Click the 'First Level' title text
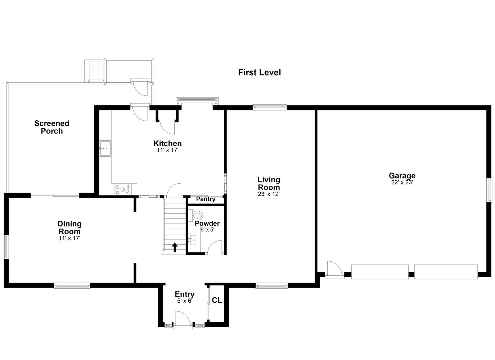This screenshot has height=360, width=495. click(260, 72)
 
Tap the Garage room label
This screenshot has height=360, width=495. click(402, 176)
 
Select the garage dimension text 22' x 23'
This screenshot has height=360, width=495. click(402, 183)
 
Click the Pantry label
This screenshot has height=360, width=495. click(206, 199)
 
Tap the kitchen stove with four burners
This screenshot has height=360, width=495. click(123, 189)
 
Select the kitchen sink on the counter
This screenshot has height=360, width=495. click(105, 148)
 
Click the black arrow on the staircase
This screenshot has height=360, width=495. click(175, 247)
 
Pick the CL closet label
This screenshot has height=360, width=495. click(217, 300)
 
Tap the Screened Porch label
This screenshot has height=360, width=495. click(52, 127)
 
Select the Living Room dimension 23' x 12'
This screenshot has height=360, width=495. click(269, 194)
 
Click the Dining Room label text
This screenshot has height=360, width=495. click(69, 228)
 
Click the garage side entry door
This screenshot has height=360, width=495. click(334, 269)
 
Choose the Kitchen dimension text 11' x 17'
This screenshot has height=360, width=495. click(167, 150)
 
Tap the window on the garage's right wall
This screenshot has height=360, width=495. click(490, 190)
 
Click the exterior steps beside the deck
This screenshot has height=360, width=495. click(94, 71)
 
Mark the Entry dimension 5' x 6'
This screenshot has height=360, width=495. click(185, 301)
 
